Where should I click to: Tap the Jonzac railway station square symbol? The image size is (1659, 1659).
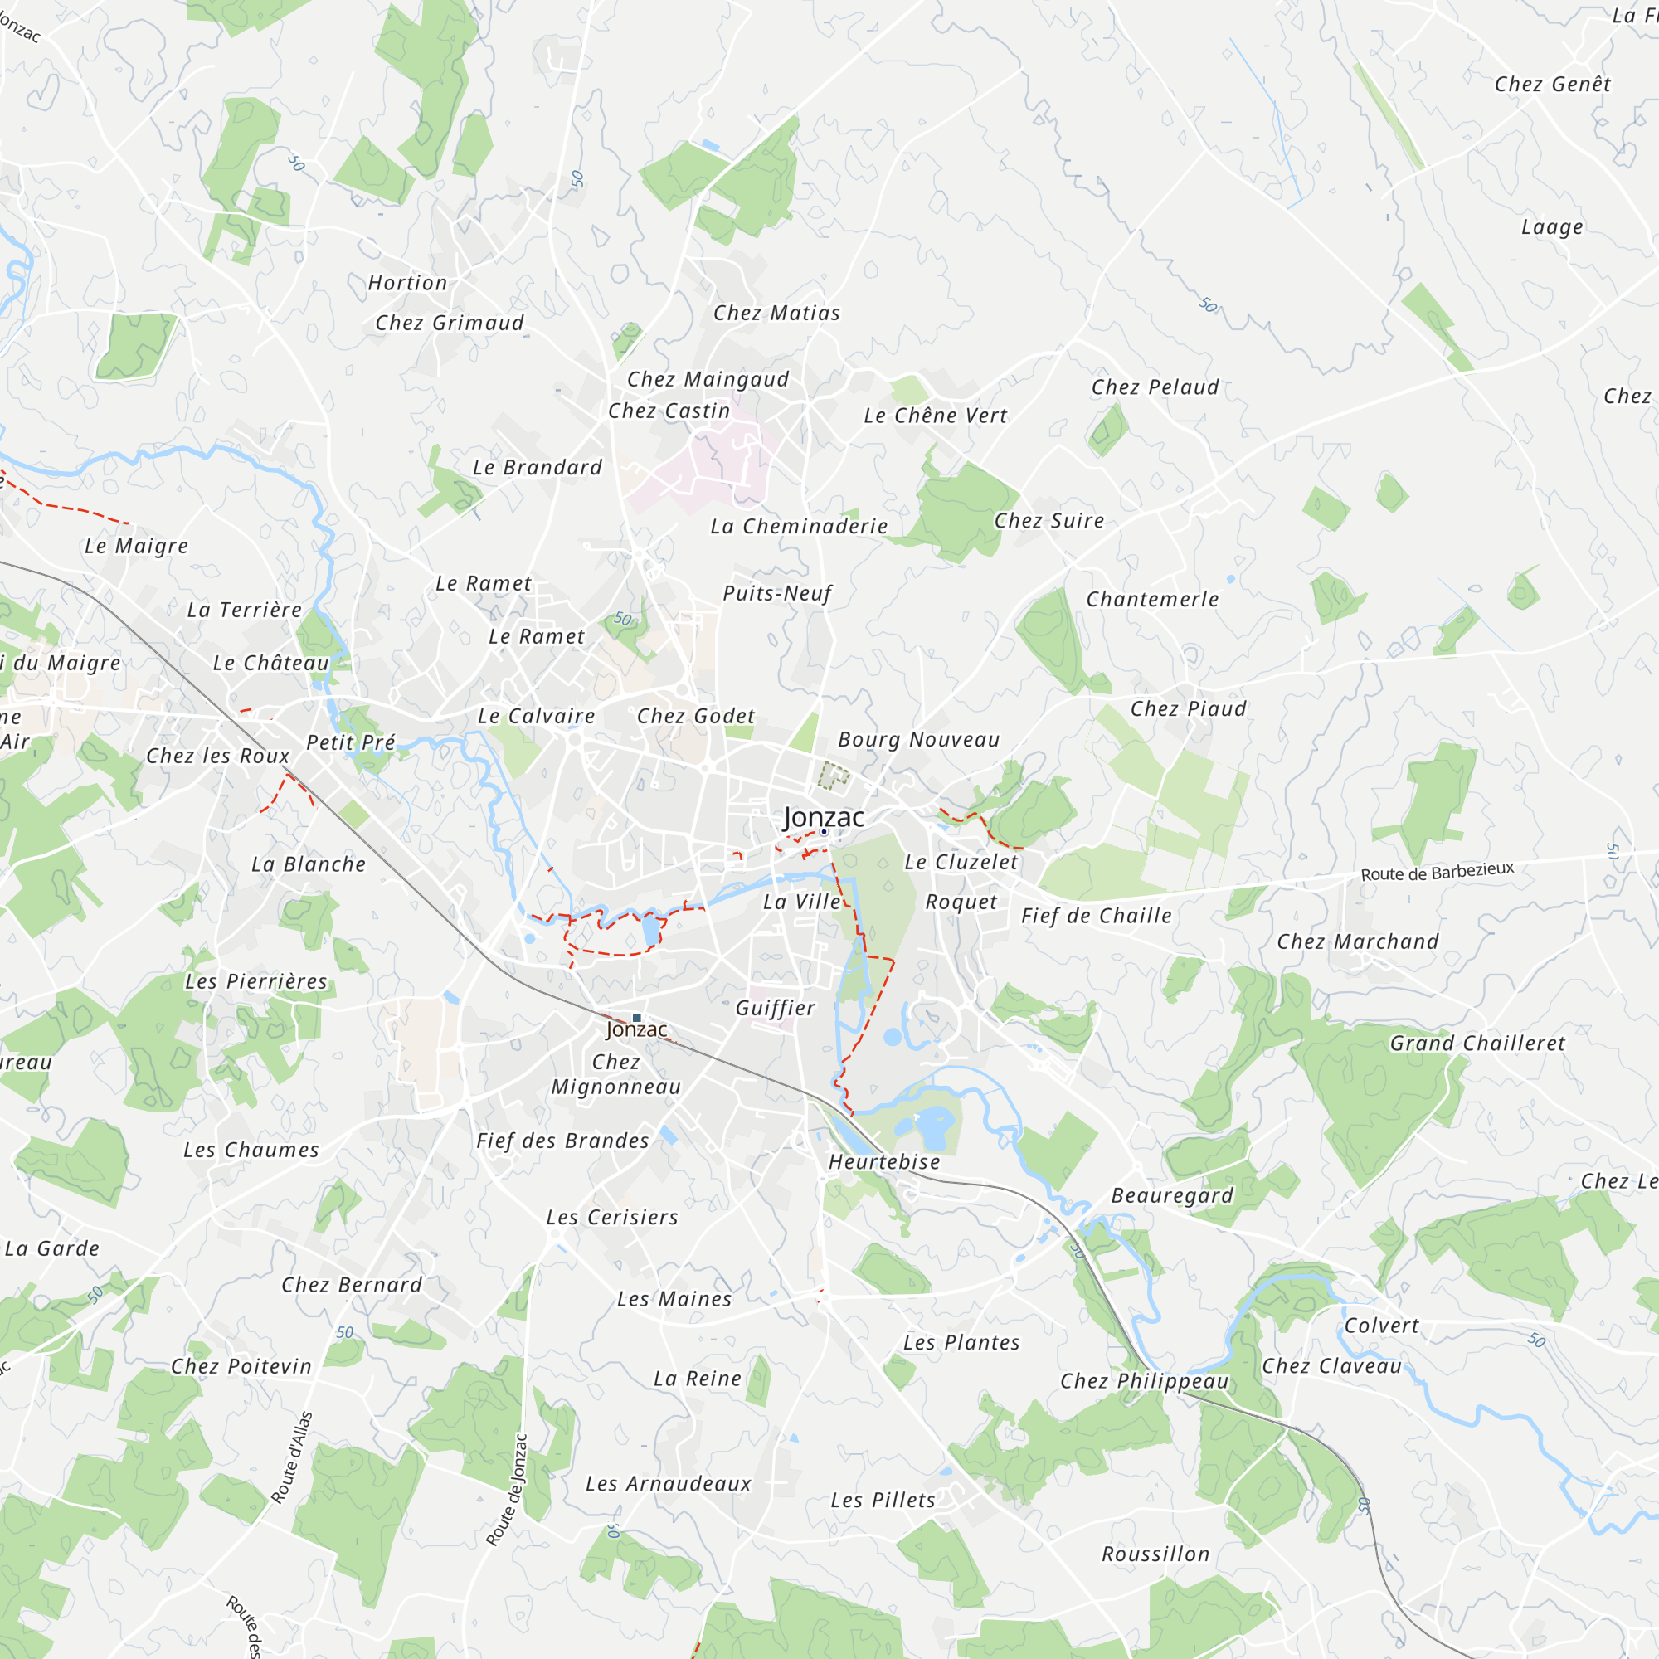(x=636, y=1018)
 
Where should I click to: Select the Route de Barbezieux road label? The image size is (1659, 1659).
(x=1437, y=872)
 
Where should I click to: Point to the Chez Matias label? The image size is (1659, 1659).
(x=776, y=314)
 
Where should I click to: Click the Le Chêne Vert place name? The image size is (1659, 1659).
(x=935, y=416)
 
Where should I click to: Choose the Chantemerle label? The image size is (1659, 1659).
(x=1152, y=600)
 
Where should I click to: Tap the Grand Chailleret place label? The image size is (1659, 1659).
(x=1477, y=1044)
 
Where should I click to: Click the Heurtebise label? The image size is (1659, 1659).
(x=883, y=1162)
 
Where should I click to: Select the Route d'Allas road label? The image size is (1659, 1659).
(x=292, y=1457)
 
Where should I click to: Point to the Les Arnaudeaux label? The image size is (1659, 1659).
(x=668, y=1484)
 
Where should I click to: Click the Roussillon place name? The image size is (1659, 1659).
(x=1155, y=1554)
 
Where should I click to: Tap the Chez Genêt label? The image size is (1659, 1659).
(x=1552, y=84)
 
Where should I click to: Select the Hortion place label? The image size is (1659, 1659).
(x=407, y=284)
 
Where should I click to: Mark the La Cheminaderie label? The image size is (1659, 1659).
(x=799, y=527)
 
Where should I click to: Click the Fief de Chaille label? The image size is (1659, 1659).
(x=1096, y=917)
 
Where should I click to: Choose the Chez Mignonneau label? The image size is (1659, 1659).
(x=615, y=1074)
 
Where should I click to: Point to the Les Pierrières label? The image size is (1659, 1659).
(x=255, y=981)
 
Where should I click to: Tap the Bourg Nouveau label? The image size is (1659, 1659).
(x=918, y=740)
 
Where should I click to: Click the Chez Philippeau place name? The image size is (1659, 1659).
(x=1144, y=1381)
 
